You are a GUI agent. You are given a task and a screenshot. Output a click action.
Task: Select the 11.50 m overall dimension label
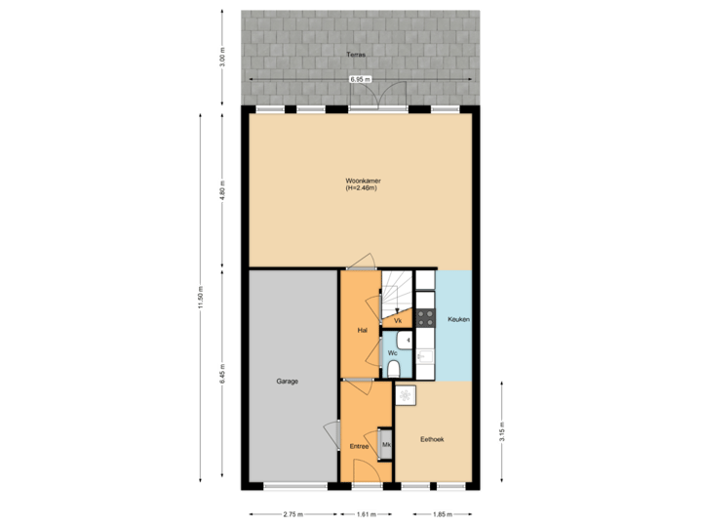[200, 298]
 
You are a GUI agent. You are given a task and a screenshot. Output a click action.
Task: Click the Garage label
[287, 381]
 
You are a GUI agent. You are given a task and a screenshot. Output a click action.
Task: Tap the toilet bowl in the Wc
[393, 366]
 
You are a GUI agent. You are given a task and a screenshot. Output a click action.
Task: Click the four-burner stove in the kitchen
[424, 317]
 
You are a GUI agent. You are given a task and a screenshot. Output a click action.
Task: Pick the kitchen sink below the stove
[424, 358]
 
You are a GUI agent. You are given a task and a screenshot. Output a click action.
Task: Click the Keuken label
[458, 320]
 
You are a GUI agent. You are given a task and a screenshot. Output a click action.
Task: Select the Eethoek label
[432, 440]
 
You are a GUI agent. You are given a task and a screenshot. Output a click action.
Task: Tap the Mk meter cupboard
[386, 445]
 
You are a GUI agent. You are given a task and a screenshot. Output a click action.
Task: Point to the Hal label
[362, 330]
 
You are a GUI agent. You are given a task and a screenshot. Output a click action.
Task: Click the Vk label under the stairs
[398, 320]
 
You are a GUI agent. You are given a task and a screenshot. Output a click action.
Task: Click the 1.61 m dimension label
[367, 514]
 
